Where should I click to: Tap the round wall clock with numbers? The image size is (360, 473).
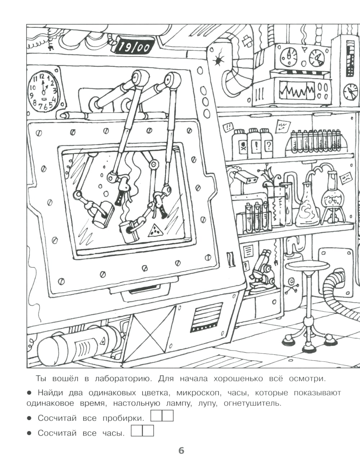[44, 92]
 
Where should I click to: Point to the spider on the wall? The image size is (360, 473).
[218, 60]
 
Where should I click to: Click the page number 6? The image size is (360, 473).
[181, 450]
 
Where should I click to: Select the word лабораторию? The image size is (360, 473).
[119, 379]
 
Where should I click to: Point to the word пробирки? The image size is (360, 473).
[123, 418]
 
